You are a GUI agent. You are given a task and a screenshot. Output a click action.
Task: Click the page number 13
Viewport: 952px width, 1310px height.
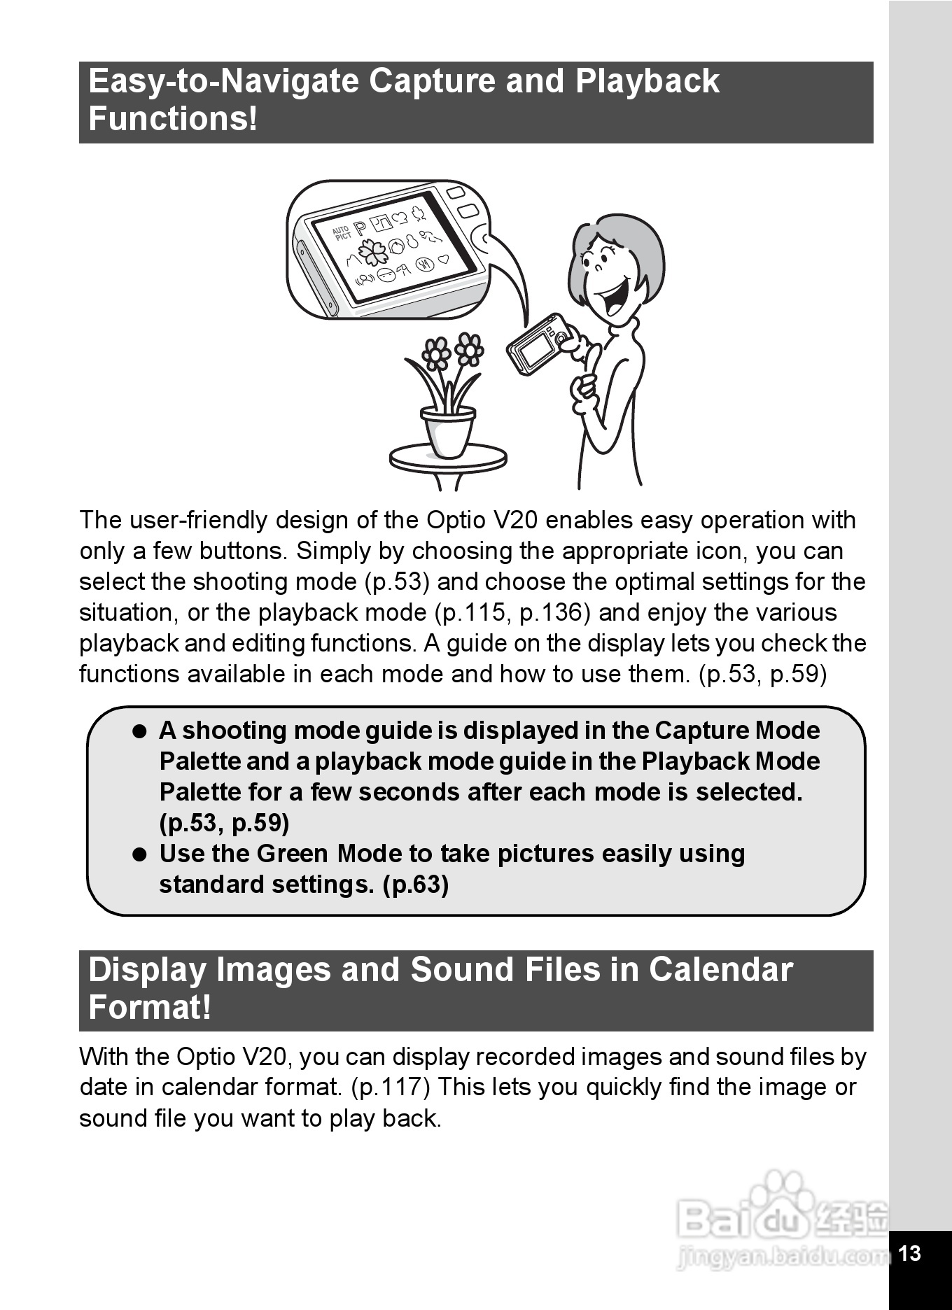[909, 1253]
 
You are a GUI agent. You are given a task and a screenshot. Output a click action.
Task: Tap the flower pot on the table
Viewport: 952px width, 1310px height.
[448, 430]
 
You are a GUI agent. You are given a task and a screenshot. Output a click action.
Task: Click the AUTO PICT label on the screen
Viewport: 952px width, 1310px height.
[342, 233]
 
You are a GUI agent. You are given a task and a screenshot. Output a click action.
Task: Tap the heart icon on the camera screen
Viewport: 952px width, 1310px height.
[443, 260]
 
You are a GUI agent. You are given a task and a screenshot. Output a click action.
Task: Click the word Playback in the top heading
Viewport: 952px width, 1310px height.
[647, 81]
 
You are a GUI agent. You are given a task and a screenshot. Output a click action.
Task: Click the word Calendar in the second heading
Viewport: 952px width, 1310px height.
[720, 970]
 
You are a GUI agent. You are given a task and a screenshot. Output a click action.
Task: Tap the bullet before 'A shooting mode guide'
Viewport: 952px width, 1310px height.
[141, 731]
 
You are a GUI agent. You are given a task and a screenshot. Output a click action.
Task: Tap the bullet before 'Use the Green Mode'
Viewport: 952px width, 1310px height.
[141, 854]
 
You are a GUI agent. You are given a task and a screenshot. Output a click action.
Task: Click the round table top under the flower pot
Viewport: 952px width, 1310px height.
[448, 459]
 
